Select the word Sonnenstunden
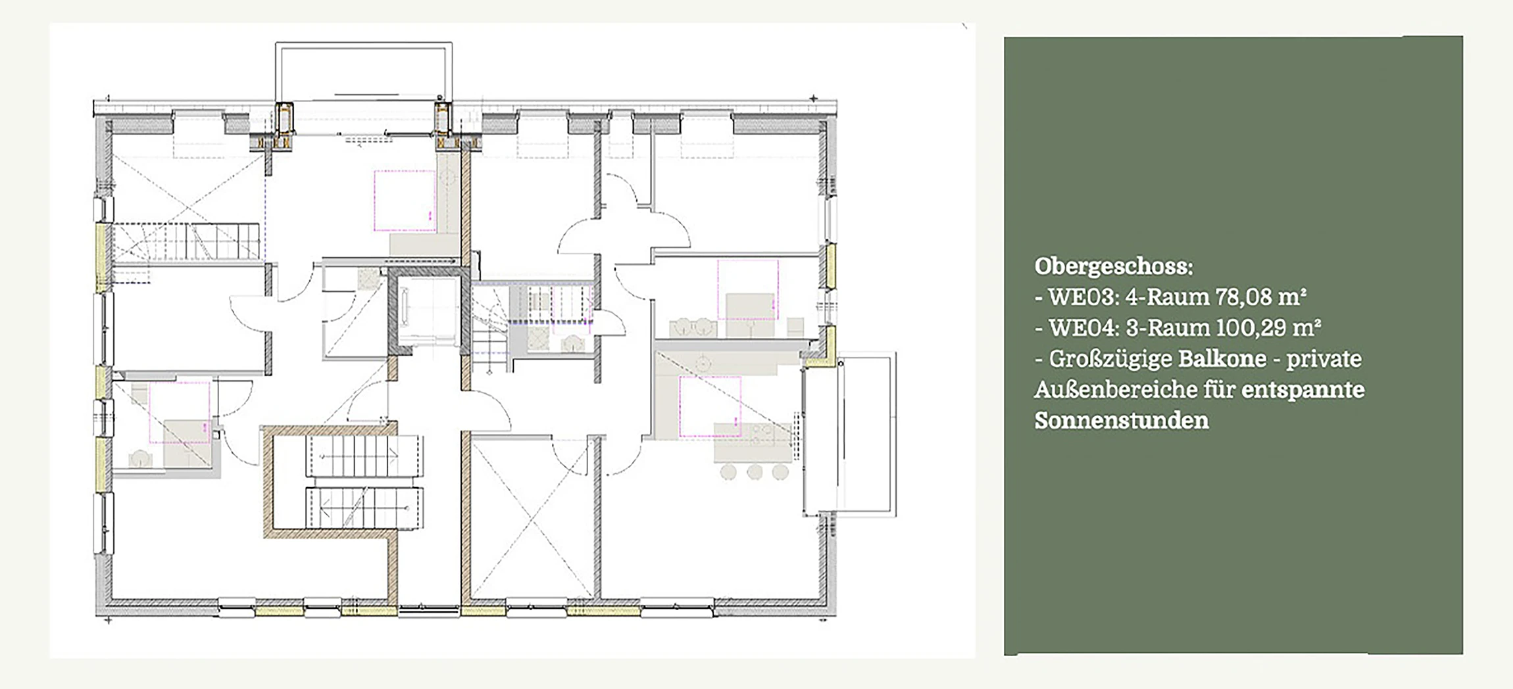[x=1122, y=421]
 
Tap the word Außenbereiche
[x=1115, y=390]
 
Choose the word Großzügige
[x=1110, y=360]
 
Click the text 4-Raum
[x=1167, y=297]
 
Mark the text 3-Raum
[x=1167, y=327]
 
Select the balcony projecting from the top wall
[x=364, y=72]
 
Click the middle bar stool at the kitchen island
[x=755, y=471]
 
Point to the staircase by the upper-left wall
[x=186, y=242]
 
